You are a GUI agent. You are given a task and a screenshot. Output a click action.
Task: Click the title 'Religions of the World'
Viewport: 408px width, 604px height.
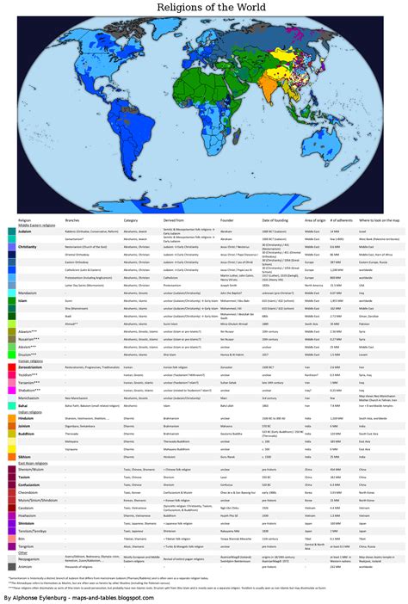tap(203, 9)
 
